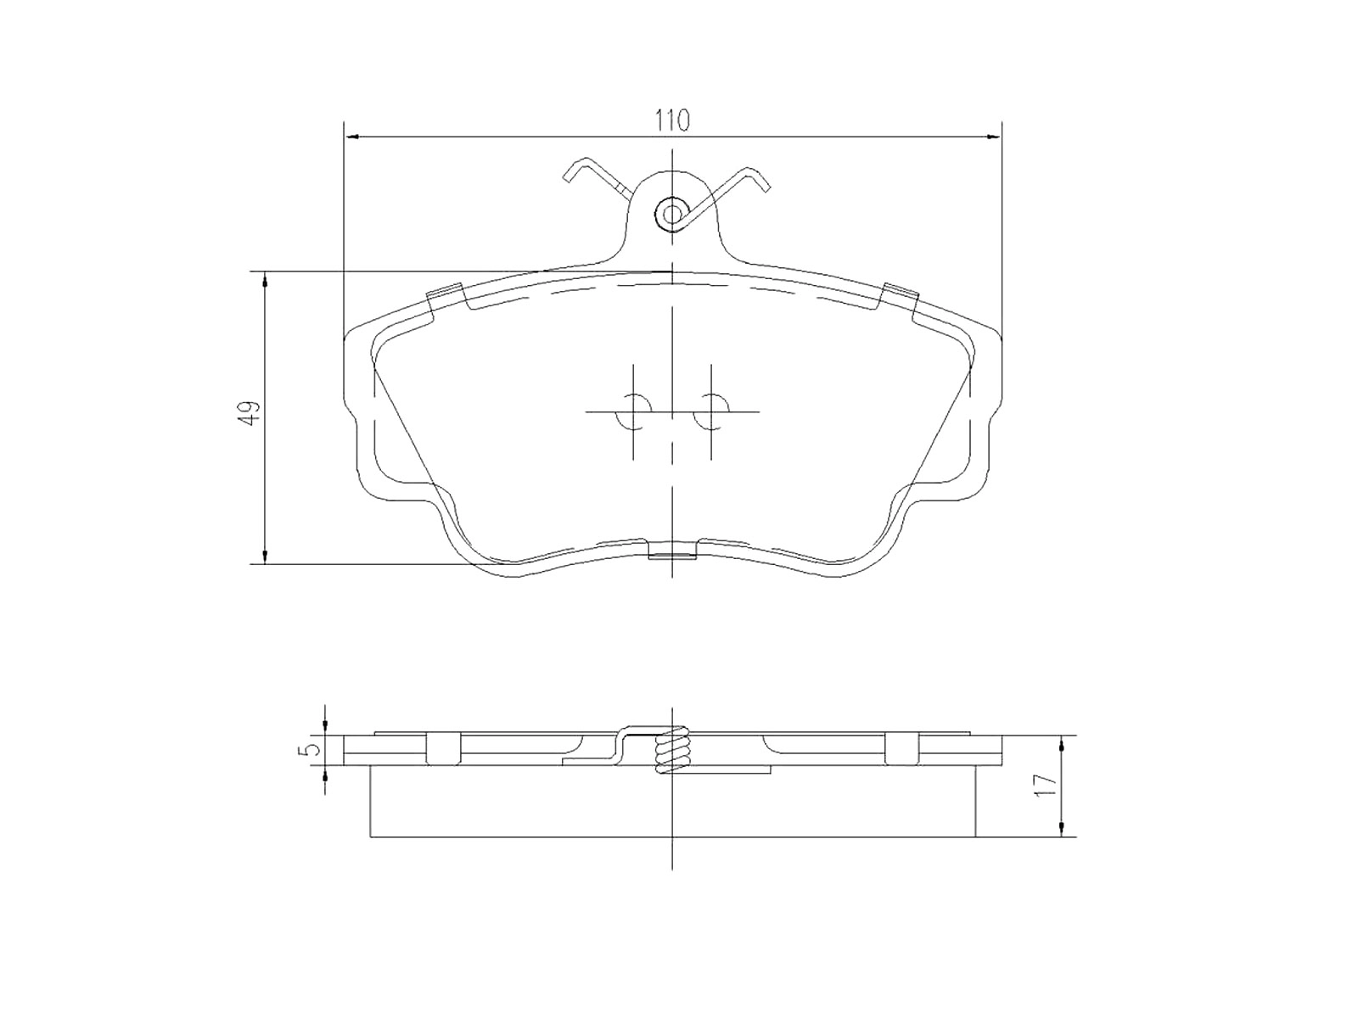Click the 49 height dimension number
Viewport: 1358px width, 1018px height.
coord(250,413)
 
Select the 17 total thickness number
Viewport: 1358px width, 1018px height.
coord(1045,785)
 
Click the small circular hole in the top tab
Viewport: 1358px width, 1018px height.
coord(671,214)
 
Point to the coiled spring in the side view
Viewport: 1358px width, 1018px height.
coord(671,748)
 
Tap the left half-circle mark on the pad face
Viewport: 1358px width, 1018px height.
coord(626,411)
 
